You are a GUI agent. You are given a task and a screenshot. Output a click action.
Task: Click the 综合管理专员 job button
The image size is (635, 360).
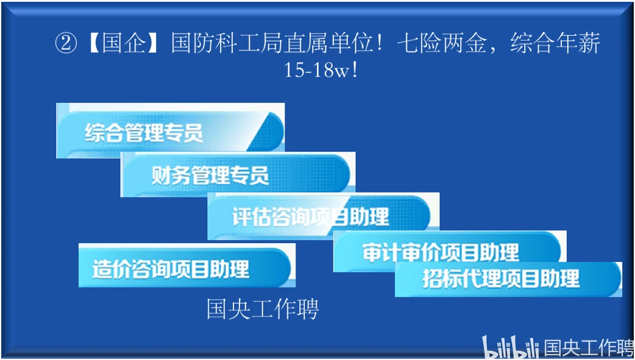click(x=170, y=131)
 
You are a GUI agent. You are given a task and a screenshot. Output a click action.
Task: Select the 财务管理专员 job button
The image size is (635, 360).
click(x=238, y=175)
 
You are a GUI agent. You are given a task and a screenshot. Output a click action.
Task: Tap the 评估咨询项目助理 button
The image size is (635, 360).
click(x=323, y=216)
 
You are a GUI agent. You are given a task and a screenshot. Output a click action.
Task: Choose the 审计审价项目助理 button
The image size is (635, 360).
click(x=450, y=251)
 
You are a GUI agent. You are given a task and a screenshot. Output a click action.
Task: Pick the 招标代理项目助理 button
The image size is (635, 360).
click(x=508, y=279)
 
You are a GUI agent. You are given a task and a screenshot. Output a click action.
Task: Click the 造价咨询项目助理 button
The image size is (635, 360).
click(x=186, y=265)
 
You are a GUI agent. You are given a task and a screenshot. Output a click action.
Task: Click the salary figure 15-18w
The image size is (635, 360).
click(x=315, y=70)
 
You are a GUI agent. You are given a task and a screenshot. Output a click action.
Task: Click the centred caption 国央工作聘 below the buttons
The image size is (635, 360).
click(x=263, y=309)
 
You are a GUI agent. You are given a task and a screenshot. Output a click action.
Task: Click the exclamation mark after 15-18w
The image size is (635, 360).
click(x=355, y=70)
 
